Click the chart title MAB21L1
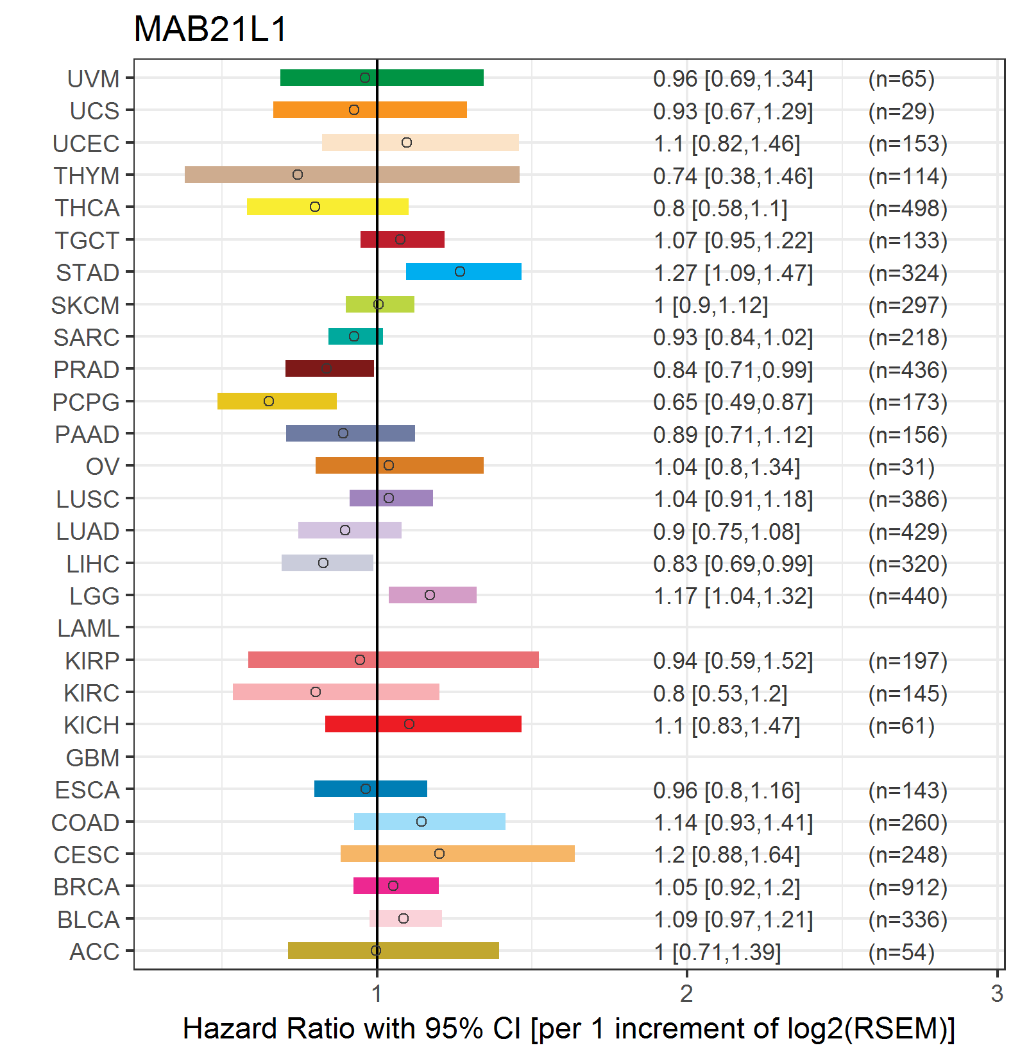click(x=210, y=30)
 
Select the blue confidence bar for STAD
click(x=464, y=271)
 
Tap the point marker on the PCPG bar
click(x=269, y=401)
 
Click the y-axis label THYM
click(x=87, y=175)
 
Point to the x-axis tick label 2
click(x=687, y=994)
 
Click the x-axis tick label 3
click(x=997, y=994)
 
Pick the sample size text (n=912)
click(x=908, y=887)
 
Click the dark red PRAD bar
click(x=330, y=368)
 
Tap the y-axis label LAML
click(x=89, y=628)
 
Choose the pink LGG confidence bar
click(x=432, y=595)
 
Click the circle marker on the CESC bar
click(x=439, y=854)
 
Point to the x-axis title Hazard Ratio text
click(x=569, y=1029)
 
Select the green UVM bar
click(x=382, y=78)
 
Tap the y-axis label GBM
click(x=93, y=758)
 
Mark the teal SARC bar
click(x=355, y=336)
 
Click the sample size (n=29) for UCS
click(x=901, y=111)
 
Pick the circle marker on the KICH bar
click(x=409, y=724)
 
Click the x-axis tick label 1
click(x=377, y=994)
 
